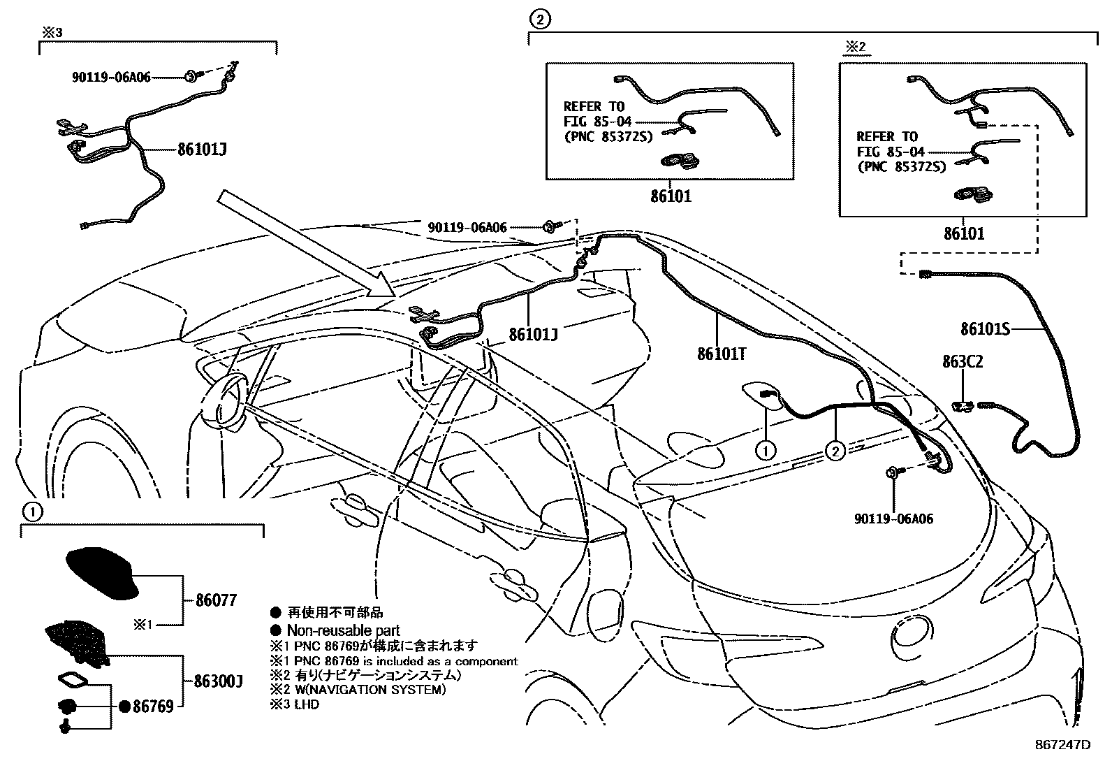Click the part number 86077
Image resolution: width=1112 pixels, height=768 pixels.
tap(215, 600)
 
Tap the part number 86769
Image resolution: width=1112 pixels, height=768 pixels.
tap(152, 707)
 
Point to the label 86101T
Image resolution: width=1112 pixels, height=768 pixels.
tap(722, 354)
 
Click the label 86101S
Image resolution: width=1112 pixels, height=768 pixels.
tap(985, 328)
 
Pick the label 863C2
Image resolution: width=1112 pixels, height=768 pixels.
tap(963, 362)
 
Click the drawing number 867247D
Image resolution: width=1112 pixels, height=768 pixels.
tap(1062, 745)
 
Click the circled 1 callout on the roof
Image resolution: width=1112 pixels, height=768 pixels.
tap(766, 451)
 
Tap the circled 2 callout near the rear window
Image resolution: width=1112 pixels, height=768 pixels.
tap(835, 451)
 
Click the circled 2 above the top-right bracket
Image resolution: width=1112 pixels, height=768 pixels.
tap(540, 20)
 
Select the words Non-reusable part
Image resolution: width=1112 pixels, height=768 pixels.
tap(343, 630)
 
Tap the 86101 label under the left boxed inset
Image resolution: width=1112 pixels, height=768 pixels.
tap(669, 196)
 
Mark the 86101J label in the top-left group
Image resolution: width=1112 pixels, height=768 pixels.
tap(202, 150)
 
